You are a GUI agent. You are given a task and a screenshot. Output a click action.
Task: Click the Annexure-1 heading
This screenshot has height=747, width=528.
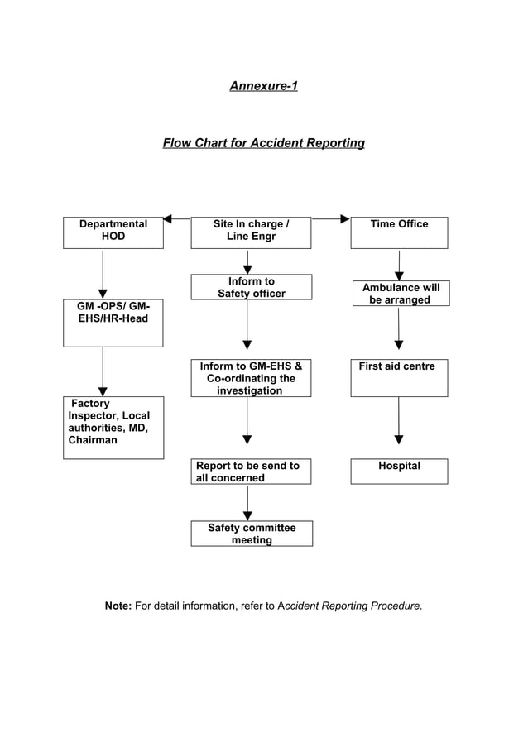point(263,85)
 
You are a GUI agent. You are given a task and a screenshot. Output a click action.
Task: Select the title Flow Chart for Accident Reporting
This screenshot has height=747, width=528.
point(263,143)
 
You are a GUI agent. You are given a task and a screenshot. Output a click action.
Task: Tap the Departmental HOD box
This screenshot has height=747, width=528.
point(113,232)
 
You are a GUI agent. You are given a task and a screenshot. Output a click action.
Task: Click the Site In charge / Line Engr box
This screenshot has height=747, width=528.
point(251,232)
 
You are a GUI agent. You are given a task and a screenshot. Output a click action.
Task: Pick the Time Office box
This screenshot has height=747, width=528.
point(399,232)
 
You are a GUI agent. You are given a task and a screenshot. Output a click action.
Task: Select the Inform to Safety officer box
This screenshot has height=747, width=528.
point(252,287)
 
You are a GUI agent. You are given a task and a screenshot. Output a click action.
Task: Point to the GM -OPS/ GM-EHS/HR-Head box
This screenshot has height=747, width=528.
point(113,323)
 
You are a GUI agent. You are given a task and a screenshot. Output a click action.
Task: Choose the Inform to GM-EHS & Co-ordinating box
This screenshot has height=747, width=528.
point(251,377)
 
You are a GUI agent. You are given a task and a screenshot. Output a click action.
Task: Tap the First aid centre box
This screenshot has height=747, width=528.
point(399,377)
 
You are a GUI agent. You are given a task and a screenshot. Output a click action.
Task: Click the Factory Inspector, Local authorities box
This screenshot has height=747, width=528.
point(113,427)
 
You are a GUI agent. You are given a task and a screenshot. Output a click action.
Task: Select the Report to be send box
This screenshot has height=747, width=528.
point(251,471)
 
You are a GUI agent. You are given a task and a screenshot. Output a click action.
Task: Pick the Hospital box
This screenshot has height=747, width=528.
point(399,471)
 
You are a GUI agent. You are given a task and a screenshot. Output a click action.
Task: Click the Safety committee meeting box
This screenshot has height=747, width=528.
point(252,534)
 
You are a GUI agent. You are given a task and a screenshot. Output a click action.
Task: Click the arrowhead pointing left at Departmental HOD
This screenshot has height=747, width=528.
point(167,219)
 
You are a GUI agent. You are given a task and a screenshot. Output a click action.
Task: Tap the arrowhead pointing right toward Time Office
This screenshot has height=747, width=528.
point(344,219)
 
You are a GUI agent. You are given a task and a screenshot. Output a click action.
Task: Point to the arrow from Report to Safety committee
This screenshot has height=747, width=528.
point(247,502)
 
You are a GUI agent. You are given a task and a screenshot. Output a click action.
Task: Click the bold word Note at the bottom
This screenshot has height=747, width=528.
point(118,606)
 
